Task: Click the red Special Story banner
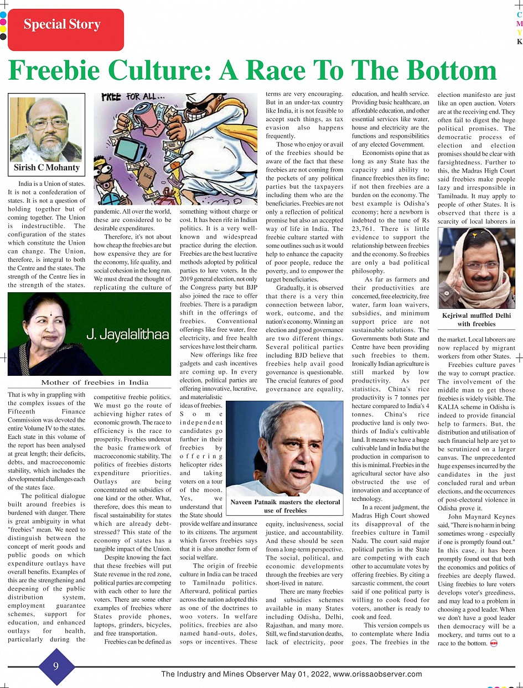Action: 62,25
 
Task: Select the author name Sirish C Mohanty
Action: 46,167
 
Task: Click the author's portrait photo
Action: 46,130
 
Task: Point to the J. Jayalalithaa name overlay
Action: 127,334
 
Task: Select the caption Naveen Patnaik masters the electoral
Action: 285,502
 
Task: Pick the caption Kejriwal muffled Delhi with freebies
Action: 477,319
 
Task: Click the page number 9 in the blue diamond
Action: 56,666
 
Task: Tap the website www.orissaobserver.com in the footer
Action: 377,674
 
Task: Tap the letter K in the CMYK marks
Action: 519,42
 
